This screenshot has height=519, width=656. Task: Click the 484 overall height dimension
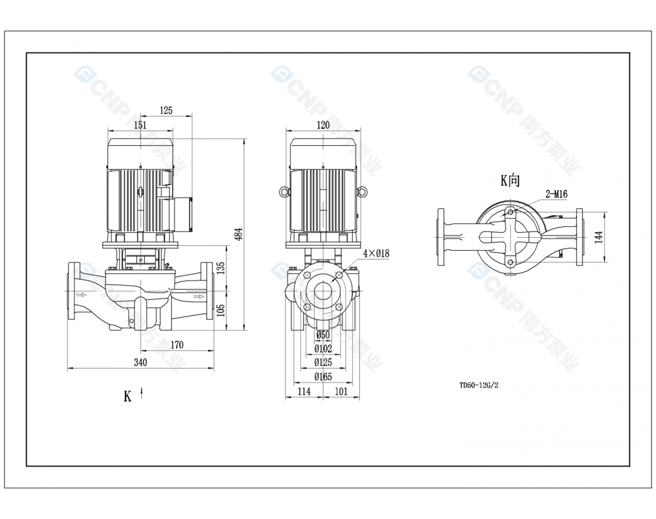pos(239,234)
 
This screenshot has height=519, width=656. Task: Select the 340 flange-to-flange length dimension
pos(140,362)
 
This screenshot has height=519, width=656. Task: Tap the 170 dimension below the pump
pos(177,345)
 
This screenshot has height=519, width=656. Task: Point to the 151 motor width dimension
pos(140,125)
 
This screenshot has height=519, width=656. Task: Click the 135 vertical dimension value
pos(221,268)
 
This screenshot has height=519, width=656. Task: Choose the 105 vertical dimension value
pos(221,310)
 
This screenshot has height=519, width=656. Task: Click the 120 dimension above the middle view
pos(323,125)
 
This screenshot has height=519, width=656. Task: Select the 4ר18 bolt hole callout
pos(376,253)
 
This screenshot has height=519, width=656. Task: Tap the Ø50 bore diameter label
pos(323,335)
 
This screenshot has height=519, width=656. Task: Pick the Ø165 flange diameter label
pos(323,377)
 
